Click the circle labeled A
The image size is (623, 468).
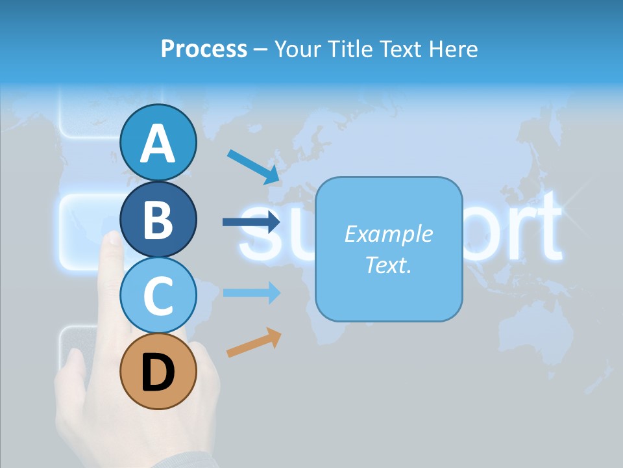coord(158,142)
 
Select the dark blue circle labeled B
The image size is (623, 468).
coord(158,219)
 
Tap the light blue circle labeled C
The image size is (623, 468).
coord(158,295)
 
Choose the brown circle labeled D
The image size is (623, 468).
coord(158,371)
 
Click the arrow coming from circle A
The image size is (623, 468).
coord(253,166)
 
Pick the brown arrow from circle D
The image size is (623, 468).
coord(254,343)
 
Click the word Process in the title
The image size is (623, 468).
coord(204,49)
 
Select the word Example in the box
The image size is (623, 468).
coord(388,234)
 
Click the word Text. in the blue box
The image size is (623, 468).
coord(388,265)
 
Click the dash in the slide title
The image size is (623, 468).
coord(261,49)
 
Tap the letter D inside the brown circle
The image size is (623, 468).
coord(158,372)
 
